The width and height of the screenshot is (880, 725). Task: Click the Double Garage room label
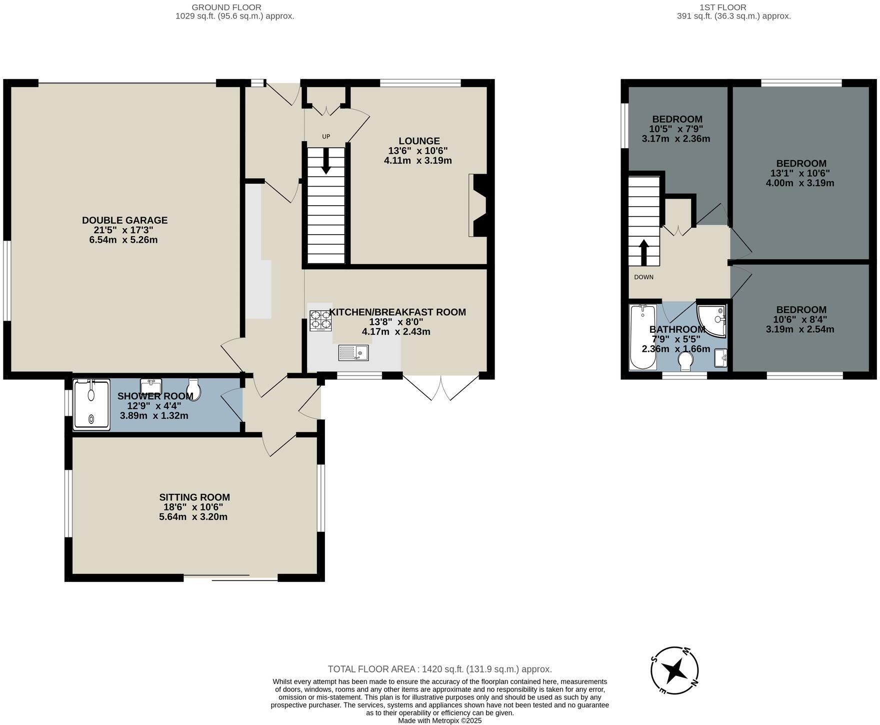124,220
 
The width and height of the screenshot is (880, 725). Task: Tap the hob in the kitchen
320,321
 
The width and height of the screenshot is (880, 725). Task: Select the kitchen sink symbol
353,353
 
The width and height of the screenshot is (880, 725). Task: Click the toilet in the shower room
193,389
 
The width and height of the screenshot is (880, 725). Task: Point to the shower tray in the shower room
91,404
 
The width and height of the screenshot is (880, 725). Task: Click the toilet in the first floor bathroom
685,361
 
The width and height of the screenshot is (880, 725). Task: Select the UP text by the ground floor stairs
326,137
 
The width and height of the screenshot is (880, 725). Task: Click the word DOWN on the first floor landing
643,277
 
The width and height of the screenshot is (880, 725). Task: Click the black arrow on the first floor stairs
643,252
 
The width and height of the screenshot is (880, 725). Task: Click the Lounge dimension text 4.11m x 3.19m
418,161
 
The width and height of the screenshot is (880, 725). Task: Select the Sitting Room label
194,497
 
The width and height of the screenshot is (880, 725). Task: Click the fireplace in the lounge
479,205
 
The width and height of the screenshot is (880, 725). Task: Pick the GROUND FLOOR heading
226,7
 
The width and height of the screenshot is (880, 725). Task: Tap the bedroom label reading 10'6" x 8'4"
801,319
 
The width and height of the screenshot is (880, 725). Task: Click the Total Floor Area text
439,669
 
